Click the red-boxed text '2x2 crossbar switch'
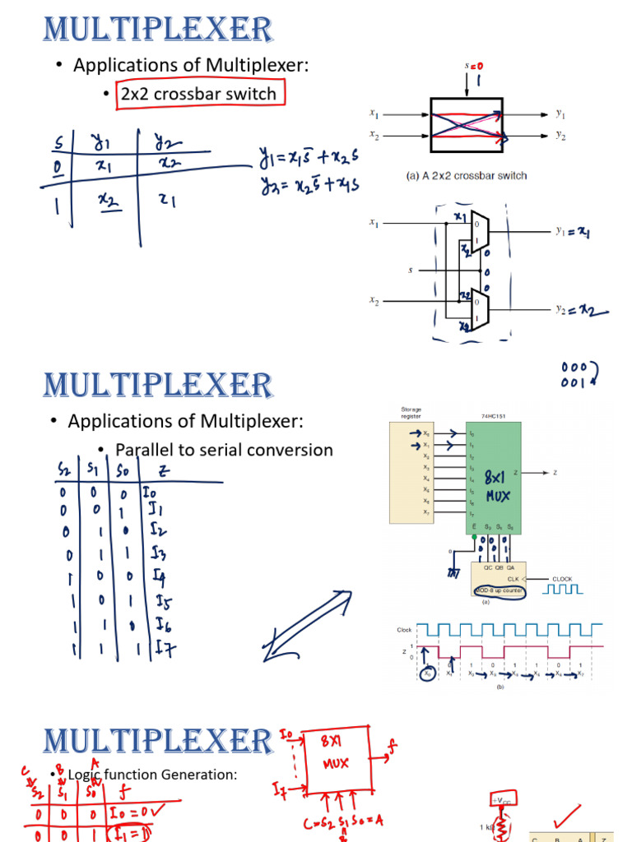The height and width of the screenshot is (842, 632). (198, 94)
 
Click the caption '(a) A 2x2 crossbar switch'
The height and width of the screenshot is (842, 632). (467, 175)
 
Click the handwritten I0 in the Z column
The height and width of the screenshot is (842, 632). (151, 493)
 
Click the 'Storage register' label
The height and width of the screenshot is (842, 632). (411, 413)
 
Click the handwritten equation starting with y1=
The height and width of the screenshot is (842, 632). (309, 155)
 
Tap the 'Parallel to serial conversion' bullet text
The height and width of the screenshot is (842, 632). (224, 450)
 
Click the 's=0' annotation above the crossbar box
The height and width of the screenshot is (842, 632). (474, 65)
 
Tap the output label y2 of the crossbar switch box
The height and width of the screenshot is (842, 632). (560, 136)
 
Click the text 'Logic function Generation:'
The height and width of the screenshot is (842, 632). (152, 774)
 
